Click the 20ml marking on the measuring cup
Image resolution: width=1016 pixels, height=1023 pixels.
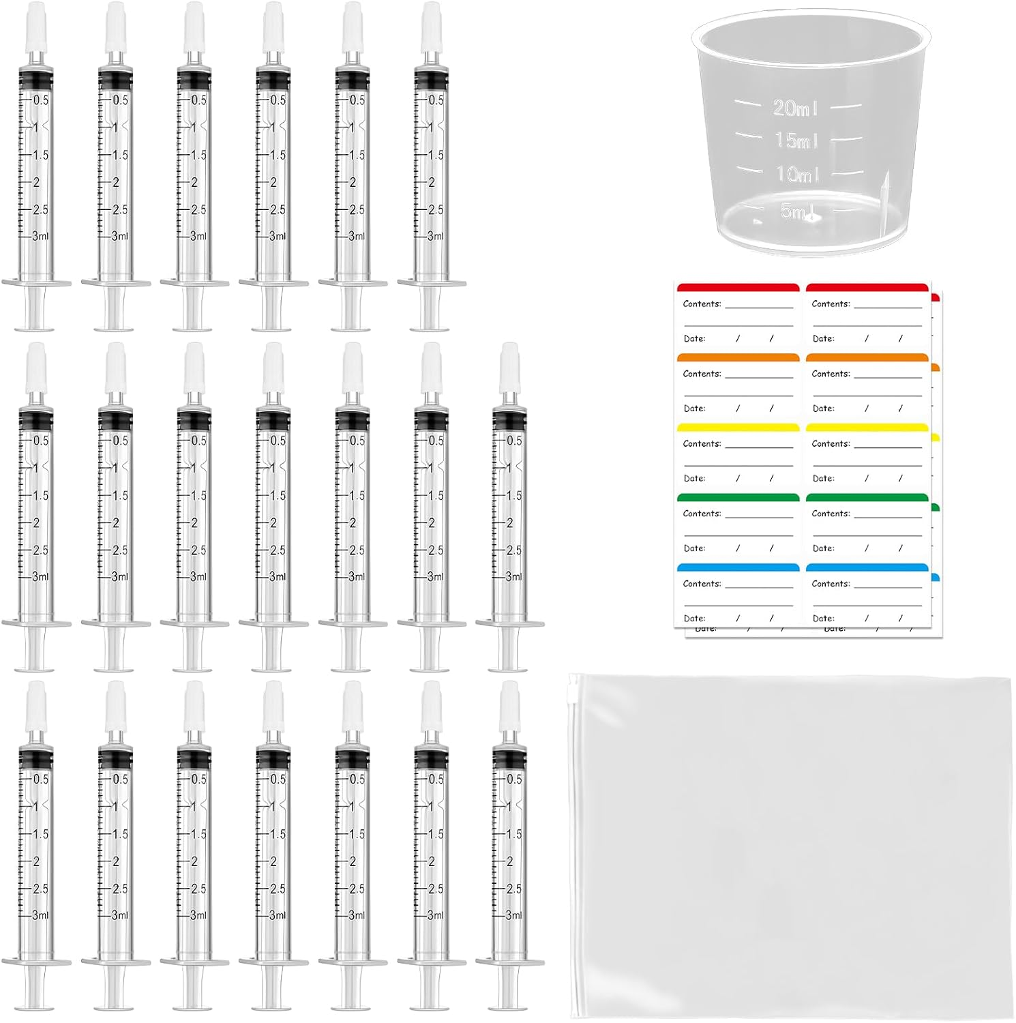coord(794,107)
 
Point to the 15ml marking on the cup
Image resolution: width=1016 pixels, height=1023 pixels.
coord(796,140)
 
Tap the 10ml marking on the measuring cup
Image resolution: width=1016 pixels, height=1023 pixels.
coord(797,174)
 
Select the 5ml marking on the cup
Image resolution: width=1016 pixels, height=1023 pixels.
coord(795,211)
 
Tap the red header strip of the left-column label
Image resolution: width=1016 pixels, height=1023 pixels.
coord(738,287)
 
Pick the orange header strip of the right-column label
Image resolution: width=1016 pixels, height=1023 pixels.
coord(867,357)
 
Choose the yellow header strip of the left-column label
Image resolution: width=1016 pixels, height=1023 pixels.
coord(738,428)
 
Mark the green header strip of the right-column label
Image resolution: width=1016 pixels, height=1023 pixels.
coord(867,497)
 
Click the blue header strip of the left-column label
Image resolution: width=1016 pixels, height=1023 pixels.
coord(738,567)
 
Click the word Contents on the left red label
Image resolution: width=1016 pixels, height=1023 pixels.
coord(702,304)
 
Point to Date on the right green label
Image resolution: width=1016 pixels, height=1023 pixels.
coord(823,548)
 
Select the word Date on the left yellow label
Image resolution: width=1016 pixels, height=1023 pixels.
coord(694,479)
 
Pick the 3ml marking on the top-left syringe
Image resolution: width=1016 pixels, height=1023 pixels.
coord(40,236)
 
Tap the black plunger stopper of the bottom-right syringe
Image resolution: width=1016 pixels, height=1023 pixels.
coord(509,759)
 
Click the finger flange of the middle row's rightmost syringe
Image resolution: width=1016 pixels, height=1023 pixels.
coord(509,623)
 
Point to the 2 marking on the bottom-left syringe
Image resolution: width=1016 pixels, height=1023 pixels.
coord(37,861)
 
